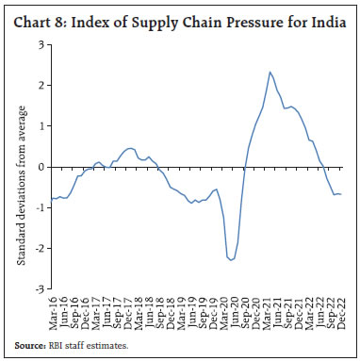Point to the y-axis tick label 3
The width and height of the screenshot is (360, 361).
(x=40, y=44)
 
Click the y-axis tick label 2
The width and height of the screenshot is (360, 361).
(x=40, y=85)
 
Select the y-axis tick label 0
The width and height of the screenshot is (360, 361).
(x=40, y=167)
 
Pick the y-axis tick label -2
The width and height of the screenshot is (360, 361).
(x=38, y=249)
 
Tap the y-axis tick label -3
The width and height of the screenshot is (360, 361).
(x=38, y=289)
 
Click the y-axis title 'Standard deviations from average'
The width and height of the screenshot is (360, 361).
(x=21, y=167)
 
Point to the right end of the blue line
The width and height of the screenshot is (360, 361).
(x=340, y=194)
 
